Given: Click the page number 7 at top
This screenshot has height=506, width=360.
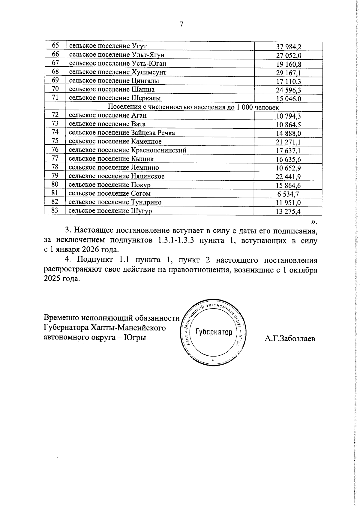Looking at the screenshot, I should coord(181,24).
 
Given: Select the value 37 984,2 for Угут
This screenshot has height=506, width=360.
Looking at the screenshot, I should coord(288,47).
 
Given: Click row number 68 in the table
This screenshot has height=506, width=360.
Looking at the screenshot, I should coord(55,71).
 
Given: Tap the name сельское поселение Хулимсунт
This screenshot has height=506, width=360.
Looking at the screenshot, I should coord(118,72).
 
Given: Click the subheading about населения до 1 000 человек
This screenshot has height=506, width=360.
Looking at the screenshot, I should coord(193,107).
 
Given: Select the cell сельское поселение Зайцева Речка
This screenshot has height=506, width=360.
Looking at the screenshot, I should coord(122,133).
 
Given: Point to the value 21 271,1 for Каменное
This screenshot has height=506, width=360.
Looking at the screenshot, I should coord(288,142).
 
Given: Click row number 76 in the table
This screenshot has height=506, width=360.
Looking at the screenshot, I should coord(55,149).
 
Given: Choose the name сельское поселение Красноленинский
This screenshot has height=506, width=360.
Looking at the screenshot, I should coord(127,150).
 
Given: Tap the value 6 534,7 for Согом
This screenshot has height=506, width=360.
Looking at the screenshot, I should coord(288,194).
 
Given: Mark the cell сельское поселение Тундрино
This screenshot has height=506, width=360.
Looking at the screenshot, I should coord(115,202).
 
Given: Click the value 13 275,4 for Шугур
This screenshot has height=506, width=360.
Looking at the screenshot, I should coord(288,212).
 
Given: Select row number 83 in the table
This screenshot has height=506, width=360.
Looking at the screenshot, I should coord(55,210).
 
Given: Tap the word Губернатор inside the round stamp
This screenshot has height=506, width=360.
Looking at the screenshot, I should coord(214,332).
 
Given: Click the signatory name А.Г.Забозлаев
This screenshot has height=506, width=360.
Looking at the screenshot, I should coord(290,339).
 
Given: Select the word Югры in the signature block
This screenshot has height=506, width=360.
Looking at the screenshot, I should coord(135,337).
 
